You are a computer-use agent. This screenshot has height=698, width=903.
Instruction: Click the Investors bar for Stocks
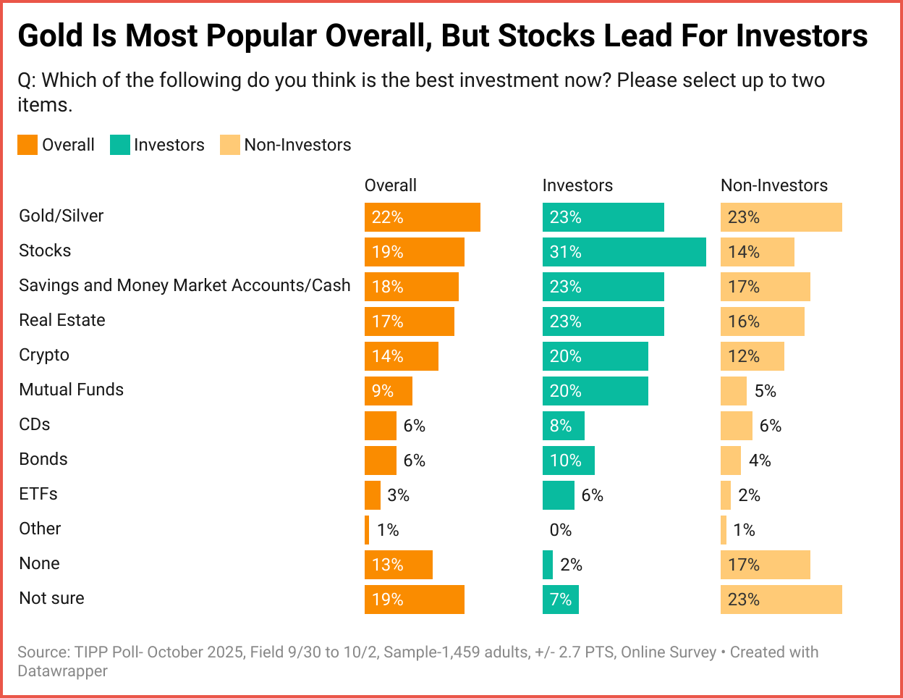pos(624,252)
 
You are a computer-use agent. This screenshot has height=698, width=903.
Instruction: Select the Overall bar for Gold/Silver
pos(422,217)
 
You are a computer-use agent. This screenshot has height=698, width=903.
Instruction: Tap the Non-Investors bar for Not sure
pos(781,600)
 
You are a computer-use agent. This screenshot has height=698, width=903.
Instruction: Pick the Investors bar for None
pos(548,565)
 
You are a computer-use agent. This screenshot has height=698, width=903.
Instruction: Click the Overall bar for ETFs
pos(373,495)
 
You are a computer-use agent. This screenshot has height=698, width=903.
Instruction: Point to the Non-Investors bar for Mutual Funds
pos(733,391)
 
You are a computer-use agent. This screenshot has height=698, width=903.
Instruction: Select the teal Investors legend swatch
pos(119,145)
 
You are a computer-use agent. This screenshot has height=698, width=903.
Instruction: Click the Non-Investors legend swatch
pos(230,145)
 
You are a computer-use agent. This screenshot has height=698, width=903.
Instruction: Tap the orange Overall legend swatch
pos(27,145)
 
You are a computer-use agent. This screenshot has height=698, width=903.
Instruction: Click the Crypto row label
pos(44,355)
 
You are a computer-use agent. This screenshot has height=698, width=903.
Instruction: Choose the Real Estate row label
pos(62,320)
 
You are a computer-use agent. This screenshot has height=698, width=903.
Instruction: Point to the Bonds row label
pos(43,459)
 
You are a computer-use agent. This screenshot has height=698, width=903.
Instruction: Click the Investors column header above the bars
pos(577,185)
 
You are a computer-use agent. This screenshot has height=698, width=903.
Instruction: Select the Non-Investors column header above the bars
pos(774,185)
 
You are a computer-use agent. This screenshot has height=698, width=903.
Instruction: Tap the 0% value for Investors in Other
pos(561,530)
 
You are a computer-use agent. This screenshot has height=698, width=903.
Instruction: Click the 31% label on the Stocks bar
pos(565,252)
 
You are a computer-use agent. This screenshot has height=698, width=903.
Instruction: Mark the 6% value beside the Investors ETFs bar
pos(593,495)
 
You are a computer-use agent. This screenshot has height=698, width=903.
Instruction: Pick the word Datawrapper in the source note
pos(63,671)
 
